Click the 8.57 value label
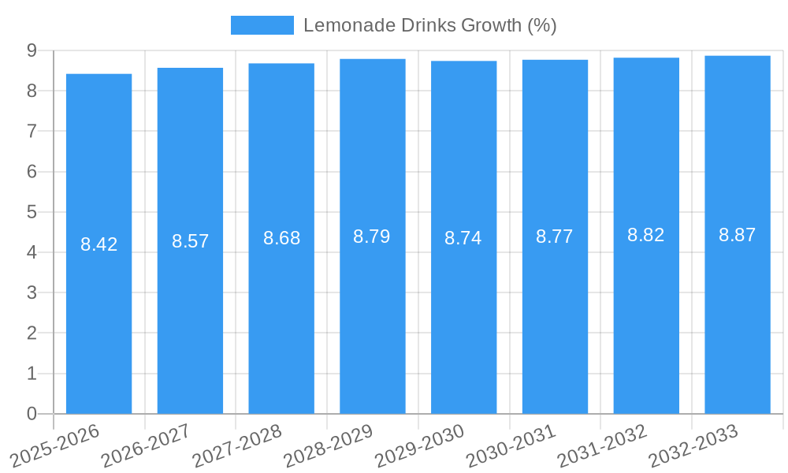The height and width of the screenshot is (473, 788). [x=190, y=241]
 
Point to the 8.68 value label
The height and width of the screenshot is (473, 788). [x=281, y=238]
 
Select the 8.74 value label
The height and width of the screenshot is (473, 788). [x=463, y=238]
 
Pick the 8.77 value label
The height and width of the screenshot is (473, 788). [x=554, y=236]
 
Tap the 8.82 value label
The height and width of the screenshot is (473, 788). [x=645, y=235]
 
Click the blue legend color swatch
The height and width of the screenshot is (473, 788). [x=262, y=25]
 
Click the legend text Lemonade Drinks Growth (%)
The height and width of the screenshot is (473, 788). [x=429, y=25]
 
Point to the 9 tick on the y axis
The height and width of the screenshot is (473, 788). [x=32, y=50]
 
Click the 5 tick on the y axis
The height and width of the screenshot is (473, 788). [x=32, y=212]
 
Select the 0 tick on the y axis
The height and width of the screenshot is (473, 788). [x=32, y=414]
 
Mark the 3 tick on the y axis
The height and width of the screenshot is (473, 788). [x=32, y=292]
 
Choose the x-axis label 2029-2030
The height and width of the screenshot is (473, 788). [x=419, y=445]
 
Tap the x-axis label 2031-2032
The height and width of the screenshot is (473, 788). [x=602, y=445]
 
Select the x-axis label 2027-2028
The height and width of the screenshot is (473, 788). [x=237, y=445]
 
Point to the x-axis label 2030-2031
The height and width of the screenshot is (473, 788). [x=511, y=445]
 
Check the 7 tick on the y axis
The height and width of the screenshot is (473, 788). [x=32, y=131]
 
